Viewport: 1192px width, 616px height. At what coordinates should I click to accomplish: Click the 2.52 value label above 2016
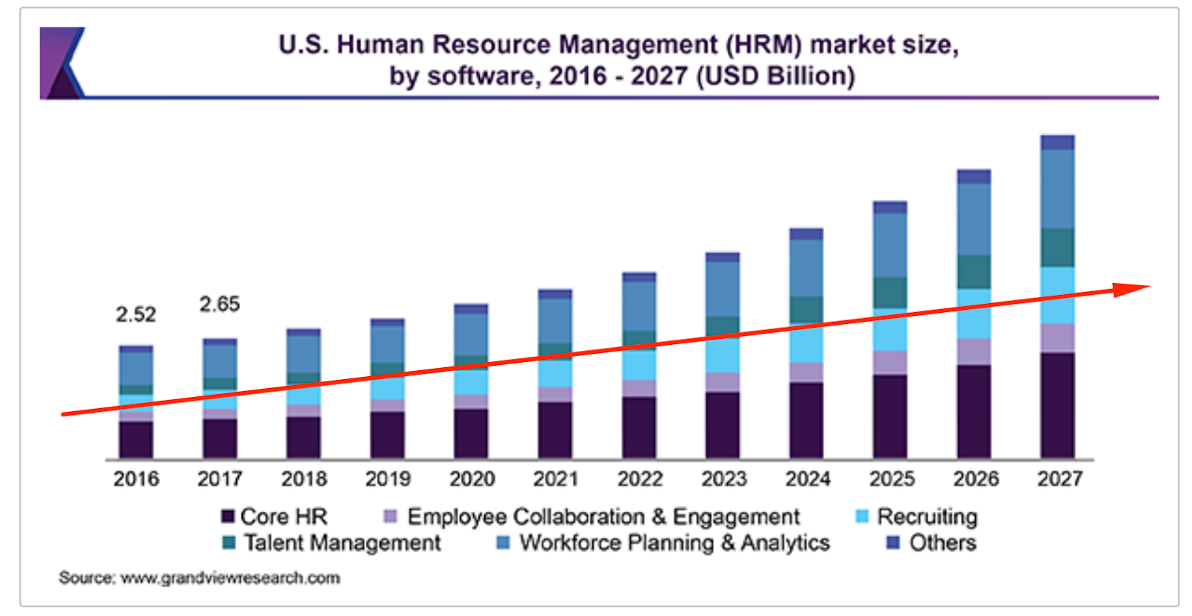[x=136, y=314]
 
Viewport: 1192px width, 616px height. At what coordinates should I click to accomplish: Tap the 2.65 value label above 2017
[x=219, y=304]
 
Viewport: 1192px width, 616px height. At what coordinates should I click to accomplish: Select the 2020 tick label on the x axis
[x=472, y=479]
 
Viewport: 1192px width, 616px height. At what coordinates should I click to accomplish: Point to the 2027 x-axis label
[x=1059, y=479]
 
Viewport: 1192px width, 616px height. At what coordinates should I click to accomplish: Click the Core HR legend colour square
[x=228, y=516]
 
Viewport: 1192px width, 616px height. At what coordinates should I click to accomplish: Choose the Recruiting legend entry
[x=926, y=516]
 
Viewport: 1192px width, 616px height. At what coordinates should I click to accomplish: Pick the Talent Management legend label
[x=342, y=543]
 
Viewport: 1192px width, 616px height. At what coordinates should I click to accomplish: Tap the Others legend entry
[x=942, y=543]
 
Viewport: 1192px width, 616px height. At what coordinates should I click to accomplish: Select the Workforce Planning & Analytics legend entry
[x=674, y=543]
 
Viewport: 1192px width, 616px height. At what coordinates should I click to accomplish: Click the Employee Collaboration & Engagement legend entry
[x=603, y=516]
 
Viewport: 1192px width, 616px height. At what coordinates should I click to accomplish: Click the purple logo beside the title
[x=63, y=63]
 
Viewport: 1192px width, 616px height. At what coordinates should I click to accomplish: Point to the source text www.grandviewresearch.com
[x=230, y=578]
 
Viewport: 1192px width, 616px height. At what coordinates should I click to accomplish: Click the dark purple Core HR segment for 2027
[x=1058, y=406]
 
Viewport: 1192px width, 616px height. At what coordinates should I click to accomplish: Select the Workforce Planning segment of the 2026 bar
[x=974, y=220]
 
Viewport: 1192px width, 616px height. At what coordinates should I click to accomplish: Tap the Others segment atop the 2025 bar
[x=890, y=207]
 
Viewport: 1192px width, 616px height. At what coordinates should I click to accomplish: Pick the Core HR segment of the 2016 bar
[x=136, y=439]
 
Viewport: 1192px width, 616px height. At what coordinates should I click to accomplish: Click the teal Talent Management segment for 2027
[x=1058, y=247]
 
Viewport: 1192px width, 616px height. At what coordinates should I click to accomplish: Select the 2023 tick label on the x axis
[x=723, y=479]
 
